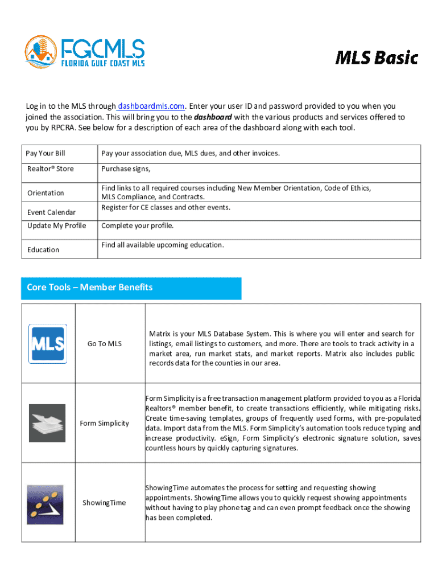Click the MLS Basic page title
(x=376, y=58)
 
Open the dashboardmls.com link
(x=151, y=106)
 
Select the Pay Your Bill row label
(x=46, y=154)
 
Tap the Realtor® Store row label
(x=51, y=169)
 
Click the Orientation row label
(x=46, y=193)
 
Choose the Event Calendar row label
(x=52, y=212)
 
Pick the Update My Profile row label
(x=57, y=226)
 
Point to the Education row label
(x=43, y=250)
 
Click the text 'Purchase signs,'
(x=126, y=169)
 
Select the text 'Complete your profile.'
(x=137, y=226)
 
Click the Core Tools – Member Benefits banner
(x=131, y=288)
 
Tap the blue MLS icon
(x=48, y=344)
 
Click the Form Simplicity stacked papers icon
(x=47, y=423)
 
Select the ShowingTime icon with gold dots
(x=45, y=504)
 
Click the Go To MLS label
(x=105, y=344)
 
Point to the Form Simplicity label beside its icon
(x=105, y=423)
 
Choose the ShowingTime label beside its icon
(x=104, y=503)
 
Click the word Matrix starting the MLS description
(x=160, y=334)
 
